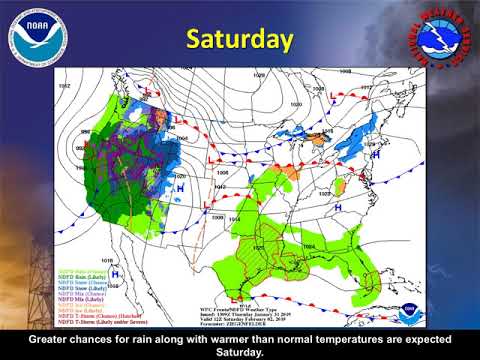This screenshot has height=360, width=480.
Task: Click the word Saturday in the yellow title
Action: pyautogui.click(x=241, y=39)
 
